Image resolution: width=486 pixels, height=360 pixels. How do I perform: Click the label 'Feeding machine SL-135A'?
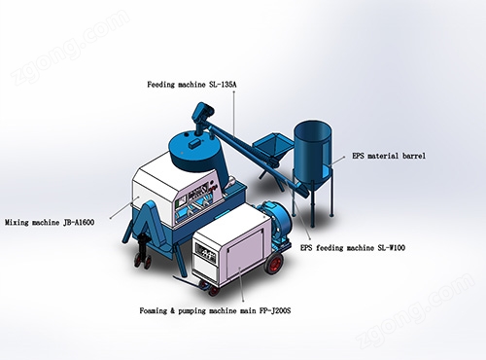[x=191, y=85]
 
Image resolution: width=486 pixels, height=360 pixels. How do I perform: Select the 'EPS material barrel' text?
[x=389, y=156]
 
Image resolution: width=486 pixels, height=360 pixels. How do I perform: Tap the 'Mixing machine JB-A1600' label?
[x=50, y=223]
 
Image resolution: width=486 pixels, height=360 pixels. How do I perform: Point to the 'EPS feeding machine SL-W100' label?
[x=353, y=248]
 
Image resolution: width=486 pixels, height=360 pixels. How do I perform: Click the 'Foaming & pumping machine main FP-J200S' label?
[x=215, y=310]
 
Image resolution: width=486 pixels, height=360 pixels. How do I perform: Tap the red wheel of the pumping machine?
[x=274, y=262]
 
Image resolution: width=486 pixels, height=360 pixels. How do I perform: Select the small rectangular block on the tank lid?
[x=194, y=143]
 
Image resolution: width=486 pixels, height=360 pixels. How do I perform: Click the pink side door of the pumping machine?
[x=245, y=251]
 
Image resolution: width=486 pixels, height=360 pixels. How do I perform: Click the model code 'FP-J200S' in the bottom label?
[x=275, y=310]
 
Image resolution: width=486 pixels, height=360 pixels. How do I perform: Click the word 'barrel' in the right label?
[x=414, y=156]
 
